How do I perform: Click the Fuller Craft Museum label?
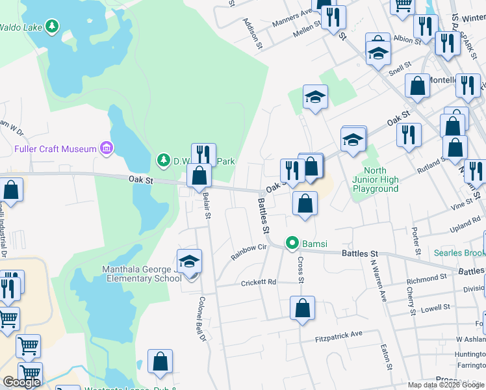tap(55, 149)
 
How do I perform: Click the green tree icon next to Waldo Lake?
tap(53, 27)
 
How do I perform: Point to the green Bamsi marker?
tap(292, 244)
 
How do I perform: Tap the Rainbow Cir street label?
tap(249, 252)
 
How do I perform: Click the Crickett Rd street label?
tap(259, 282)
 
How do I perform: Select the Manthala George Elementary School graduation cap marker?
tap(189, 261)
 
